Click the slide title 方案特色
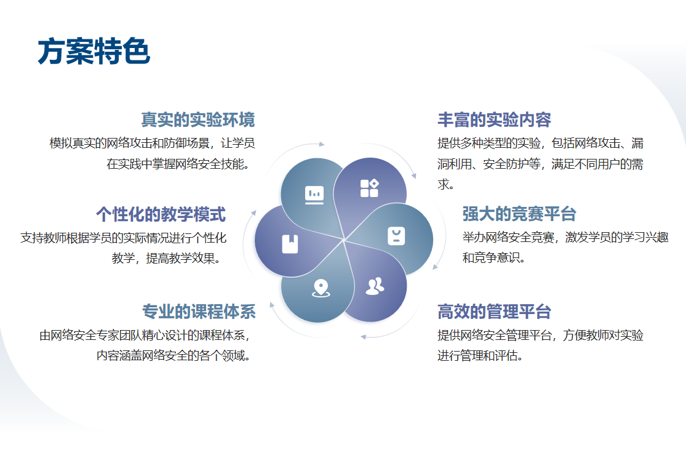pos(94,51)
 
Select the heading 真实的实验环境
pos(197,119)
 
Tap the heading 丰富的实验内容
pos(495,119)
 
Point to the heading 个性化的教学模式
pos(161,214)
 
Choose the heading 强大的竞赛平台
pos(519,214)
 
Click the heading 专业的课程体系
pos(199,312)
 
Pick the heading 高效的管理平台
pos(495,312)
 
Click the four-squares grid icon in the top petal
pos(369,188)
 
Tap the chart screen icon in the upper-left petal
pos(314,195)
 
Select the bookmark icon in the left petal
pos(290,244)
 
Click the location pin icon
pos(321,288)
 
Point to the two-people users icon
pos(375,286)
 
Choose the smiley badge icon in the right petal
pos(396,236)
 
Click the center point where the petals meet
pos(344,240)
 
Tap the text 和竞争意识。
pos(494,257)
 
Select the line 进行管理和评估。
pos(481,355)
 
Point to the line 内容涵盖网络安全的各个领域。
pos(173,355)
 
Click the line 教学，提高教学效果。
pos(166,259)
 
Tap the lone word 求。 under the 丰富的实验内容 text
pos(446,184)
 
